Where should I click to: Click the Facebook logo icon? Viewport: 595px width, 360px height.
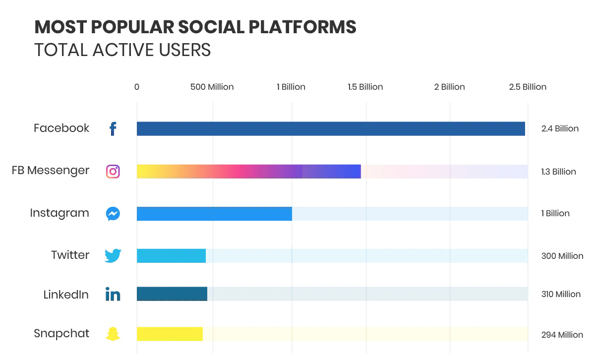[113, 129]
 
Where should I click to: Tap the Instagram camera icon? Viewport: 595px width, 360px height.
[113, 171]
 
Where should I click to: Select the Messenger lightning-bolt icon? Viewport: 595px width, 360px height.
[113, 214]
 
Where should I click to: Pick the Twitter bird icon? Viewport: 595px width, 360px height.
[113, 255]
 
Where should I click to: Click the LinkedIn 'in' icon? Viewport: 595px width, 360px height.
[113, 295]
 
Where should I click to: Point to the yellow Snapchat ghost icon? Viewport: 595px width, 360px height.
[113, 334]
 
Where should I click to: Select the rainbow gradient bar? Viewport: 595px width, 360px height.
[331, 171]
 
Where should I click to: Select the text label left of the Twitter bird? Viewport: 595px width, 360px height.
[70, 256]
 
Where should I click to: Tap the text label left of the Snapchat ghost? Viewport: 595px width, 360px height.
[61, 334]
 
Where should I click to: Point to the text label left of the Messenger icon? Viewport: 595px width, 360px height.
[59, 214]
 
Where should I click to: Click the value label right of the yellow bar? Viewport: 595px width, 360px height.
[561, 335]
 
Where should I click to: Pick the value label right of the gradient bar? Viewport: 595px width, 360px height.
[559, 172]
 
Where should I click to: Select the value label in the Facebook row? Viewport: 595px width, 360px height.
[559, 129]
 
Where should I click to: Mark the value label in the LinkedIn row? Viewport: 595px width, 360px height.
[561, 295]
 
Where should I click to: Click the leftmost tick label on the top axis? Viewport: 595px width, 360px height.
[137, 87]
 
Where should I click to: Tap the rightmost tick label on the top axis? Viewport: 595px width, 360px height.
[527, 87]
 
